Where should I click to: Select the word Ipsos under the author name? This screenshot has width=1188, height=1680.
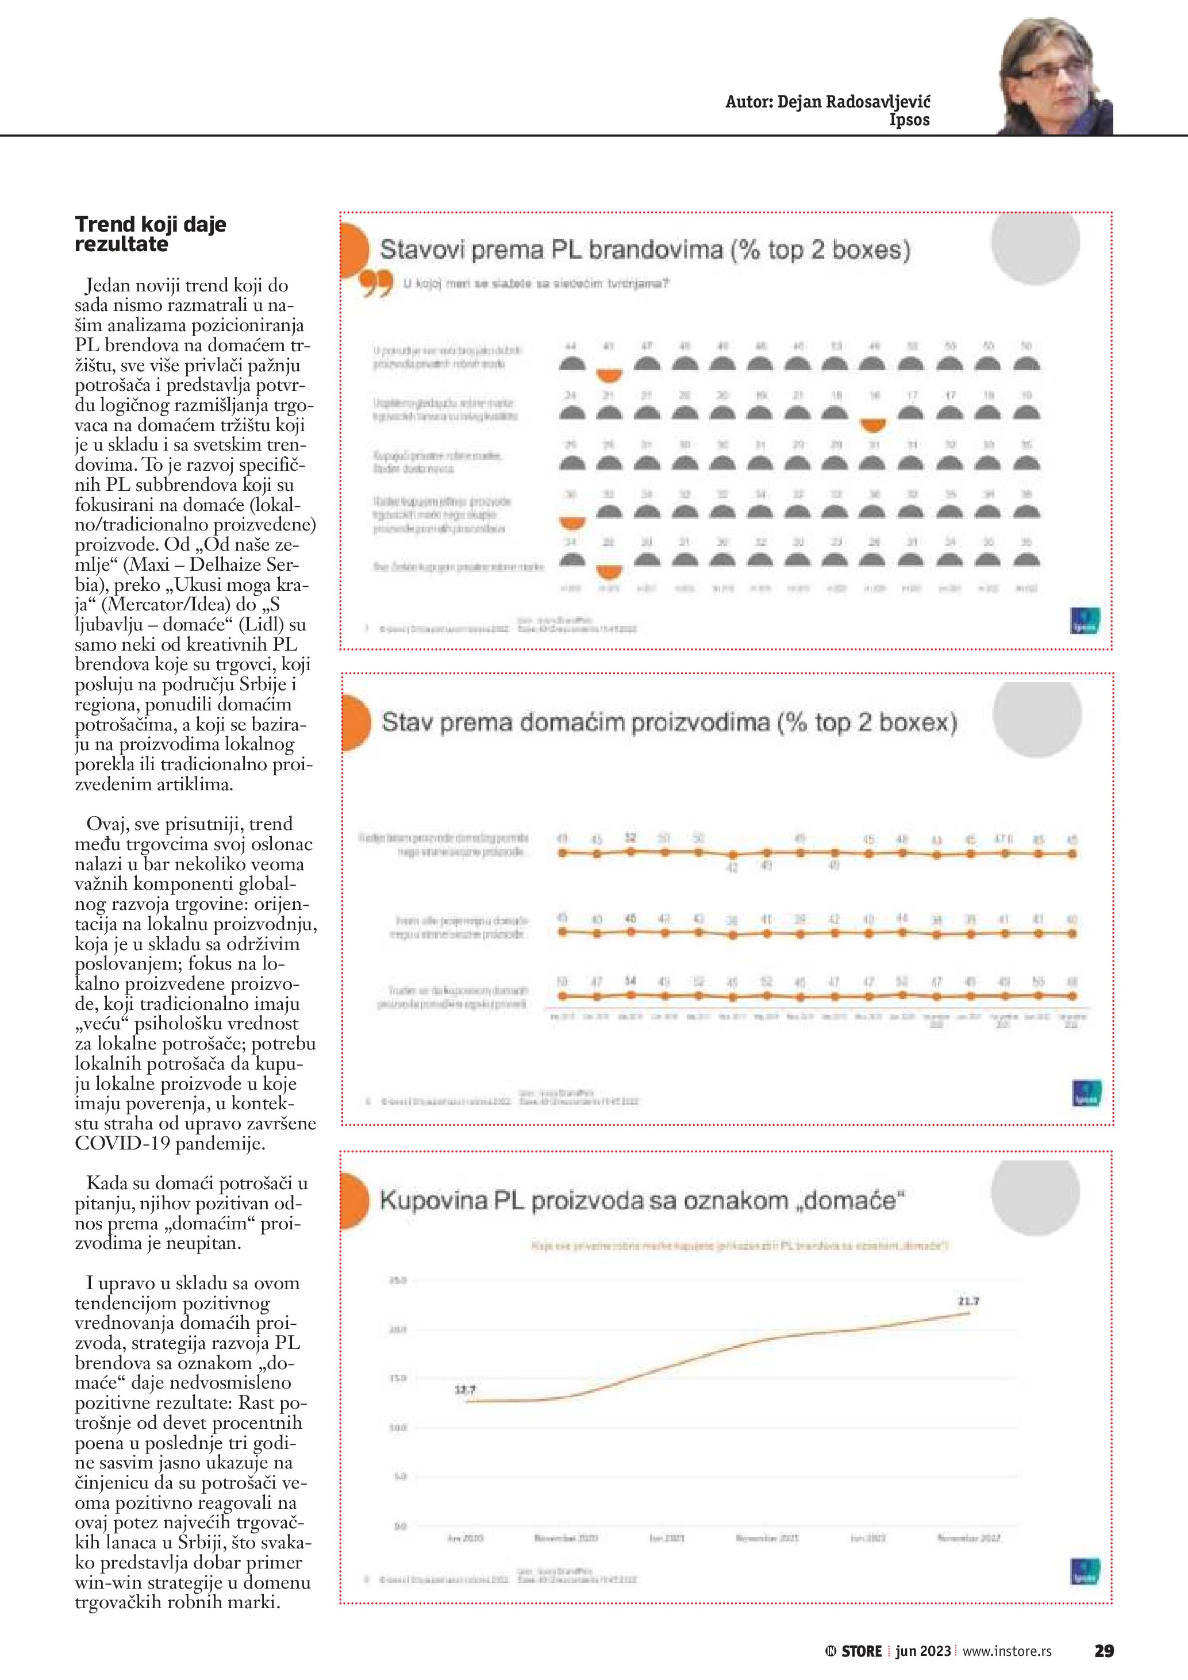(x=909, y=120)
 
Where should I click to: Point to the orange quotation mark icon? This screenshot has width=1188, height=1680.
(x=376, y=284)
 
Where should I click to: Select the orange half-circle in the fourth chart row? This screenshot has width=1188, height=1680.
(x=572, y=522)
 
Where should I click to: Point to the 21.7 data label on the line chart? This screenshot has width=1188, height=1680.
(x=968, y=1302)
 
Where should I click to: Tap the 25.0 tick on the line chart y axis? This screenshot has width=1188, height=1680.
(x=397, y=1281)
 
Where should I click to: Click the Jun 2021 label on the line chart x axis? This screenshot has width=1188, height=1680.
(x=667, y=1538)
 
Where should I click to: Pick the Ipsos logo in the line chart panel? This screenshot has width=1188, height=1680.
(x=1084, y=1571)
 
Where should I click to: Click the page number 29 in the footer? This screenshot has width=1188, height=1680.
(x=1104, y=1651)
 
